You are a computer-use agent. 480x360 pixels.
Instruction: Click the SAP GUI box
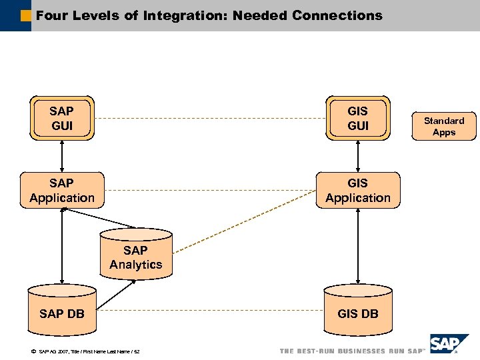[x=61, y=118]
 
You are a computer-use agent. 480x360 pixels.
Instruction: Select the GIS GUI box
[x=358, y=118]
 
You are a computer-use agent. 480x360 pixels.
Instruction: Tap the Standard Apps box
[x=444, y=126]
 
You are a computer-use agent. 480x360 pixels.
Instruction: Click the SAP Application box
[x=62, y=190]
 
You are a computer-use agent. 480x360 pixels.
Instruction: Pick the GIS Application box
[x=358, y=190]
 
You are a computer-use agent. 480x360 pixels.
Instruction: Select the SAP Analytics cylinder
[x=136, y=257]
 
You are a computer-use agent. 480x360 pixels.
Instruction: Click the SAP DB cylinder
[x=62, y=312]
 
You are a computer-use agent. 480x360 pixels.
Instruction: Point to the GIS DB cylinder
[x=358, y=312]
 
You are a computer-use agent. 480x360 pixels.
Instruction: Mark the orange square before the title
[x=26, y=15]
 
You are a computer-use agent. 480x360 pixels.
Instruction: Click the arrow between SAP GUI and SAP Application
[x=62, y=156]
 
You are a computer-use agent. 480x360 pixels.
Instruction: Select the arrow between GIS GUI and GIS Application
[x=358, y=156]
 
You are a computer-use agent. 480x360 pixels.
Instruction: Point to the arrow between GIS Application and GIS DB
[x=358, y=247]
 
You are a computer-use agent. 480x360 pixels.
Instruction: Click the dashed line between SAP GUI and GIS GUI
[x=210, y=119]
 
